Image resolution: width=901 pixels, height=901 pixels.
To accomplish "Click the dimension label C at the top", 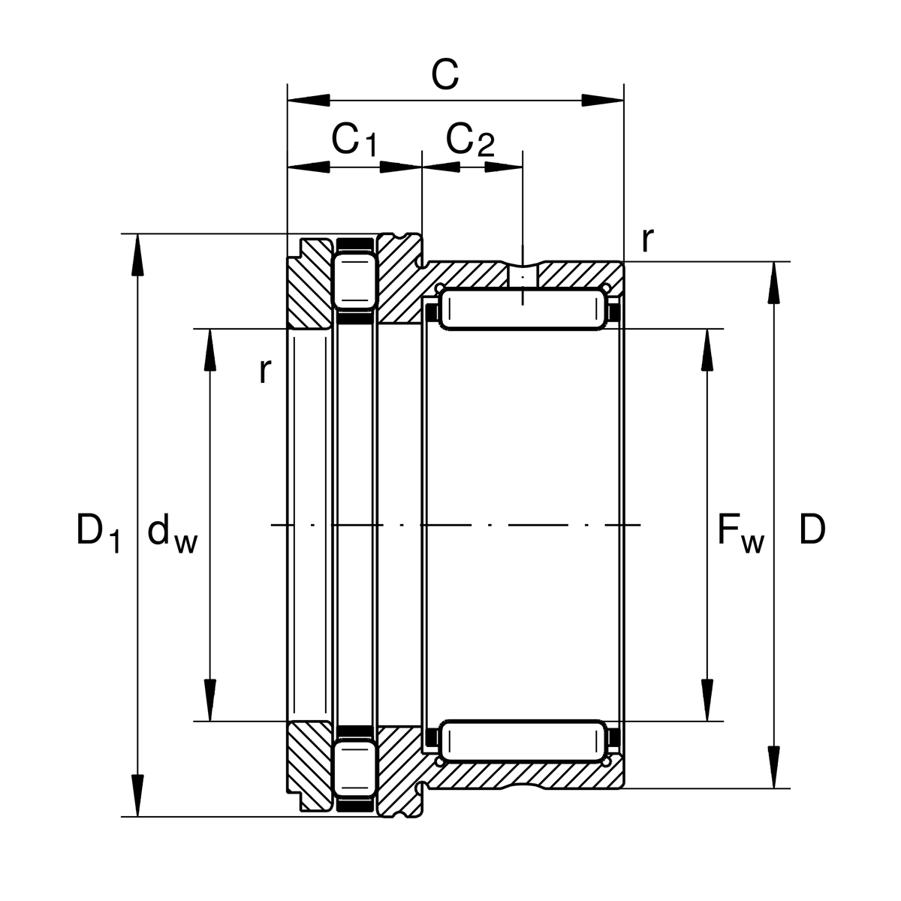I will (444, 76).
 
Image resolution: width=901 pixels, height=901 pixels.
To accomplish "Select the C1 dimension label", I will (354, 140).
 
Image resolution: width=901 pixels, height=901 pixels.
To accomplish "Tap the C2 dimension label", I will (470, 140).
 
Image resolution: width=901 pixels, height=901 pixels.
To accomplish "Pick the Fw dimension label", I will (740, 532).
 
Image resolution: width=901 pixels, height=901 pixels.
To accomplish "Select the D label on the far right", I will (812, 530).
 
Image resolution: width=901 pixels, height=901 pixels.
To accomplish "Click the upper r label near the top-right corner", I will (647, 240).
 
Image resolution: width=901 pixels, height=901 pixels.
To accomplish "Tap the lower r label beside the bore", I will (263, 370).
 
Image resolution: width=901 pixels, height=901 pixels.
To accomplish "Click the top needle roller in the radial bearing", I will (523, 309).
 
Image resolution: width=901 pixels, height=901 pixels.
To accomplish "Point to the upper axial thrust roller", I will (354, 281).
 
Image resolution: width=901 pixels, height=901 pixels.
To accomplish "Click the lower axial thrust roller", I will (354, 769).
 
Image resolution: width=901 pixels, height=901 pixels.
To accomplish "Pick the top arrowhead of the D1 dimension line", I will (137, 255).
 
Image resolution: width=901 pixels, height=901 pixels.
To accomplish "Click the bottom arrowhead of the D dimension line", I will (775, 767).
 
